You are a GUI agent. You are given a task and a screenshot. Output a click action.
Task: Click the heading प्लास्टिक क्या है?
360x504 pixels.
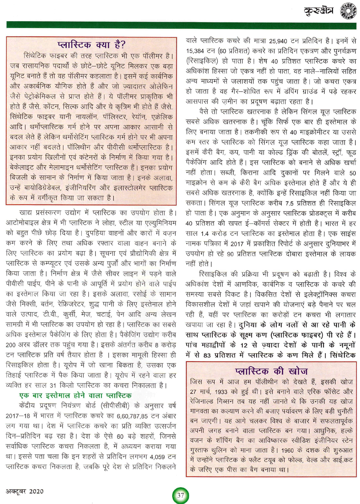tap(91, 45)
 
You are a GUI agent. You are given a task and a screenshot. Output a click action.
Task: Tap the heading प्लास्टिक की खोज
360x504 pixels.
tap(271, 371)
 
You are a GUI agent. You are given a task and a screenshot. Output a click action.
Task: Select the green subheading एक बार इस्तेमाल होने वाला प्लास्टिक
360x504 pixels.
tap(75, 395)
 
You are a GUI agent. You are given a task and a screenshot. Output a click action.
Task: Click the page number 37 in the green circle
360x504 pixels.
tap(180, 495)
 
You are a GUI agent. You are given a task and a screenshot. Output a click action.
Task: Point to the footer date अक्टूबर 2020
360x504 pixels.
tap(24, 491)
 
